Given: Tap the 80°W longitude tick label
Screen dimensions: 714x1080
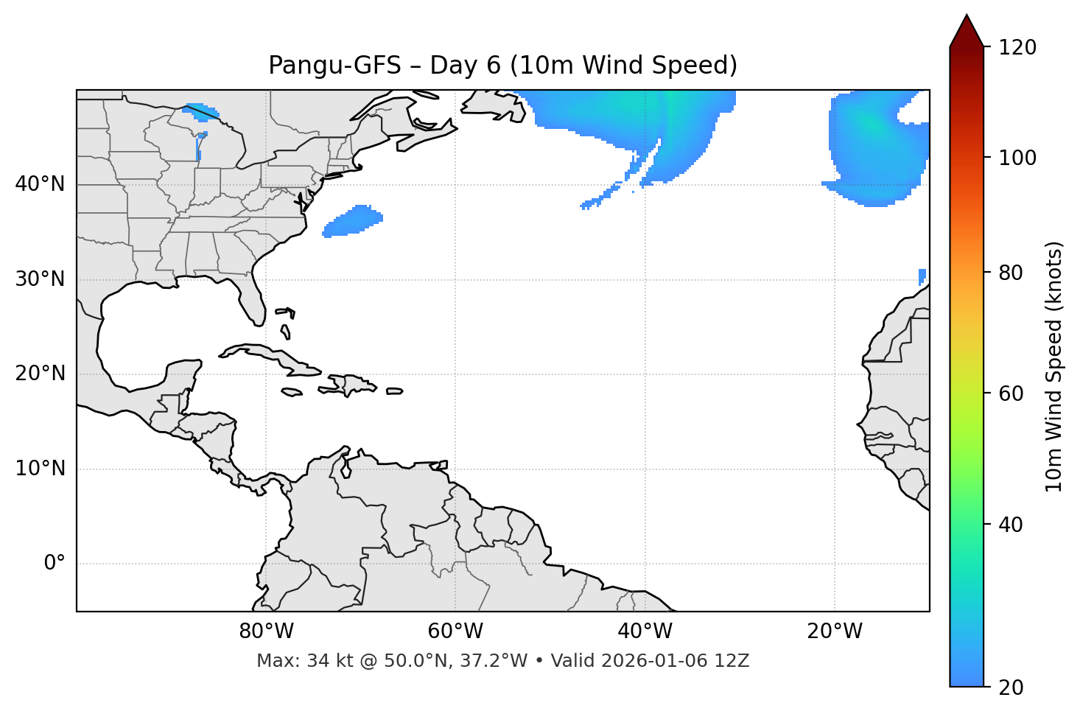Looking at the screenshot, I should [266, 631].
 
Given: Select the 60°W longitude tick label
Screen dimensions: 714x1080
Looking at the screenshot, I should [455, 631].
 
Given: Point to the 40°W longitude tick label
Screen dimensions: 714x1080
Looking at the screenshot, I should [645, 631].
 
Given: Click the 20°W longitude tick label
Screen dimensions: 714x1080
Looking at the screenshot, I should [834, 631].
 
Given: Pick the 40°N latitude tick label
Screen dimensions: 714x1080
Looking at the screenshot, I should [40, 184].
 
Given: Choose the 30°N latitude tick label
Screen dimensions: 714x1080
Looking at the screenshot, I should [40, 279].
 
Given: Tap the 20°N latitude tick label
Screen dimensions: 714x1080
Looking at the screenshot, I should [40, 374].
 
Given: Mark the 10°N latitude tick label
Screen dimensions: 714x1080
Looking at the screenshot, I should [40, 469].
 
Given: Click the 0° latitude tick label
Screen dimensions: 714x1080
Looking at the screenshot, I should [55, 564].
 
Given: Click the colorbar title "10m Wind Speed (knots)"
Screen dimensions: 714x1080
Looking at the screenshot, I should [1054, 366].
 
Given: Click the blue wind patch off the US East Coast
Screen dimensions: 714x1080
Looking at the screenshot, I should [354, 221].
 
